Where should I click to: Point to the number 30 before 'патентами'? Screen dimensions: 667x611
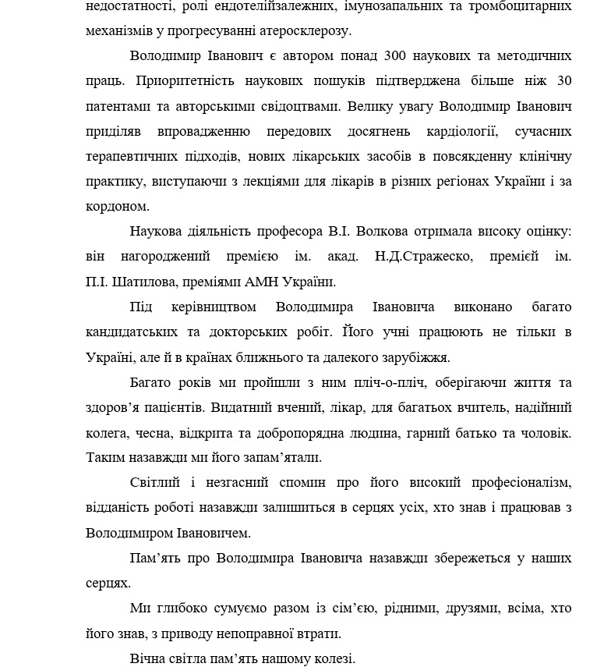point(564,81)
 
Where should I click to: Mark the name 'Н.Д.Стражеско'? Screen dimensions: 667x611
point(422,257)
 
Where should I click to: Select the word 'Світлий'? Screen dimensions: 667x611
point(155,483)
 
